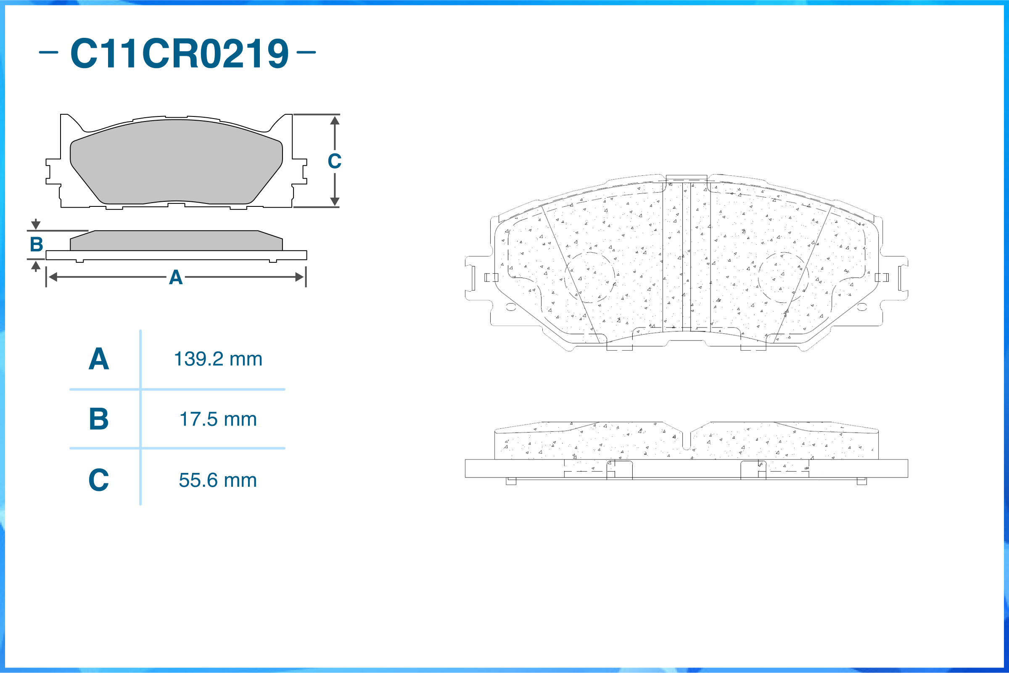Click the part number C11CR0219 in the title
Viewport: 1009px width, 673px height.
[180, 53]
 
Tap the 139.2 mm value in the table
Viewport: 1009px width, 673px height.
[218, 359]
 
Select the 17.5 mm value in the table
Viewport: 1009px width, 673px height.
[218, 420]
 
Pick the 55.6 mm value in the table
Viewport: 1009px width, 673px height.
[218, 480]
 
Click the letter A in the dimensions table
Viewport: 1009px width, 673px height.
[99, 359]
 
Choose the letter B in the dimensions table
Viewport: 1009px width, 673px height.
[99, 419]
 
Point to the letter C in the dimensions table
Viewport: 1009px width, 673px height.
[99, 480]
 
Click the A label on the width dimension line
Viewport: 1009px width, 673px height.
[176, 277]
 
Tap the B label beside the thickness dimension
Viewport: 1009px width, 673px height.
[37, 244]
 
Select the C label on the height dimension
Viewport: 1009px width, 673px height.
[335, 161]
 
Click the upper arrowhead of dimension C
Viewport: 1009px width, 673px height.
[335, 121]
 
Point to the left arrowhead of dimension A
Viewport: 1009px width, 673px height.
[53, 277]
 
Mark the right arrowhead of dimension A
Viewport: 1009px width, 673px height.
[300, 277]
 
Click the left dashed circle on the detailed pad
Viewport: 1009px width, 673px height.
[590, 278]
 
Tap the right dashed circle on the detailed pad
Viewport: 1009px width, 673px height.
[783, 277]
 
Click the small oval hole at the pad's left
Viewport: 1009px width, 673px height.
[511, 307]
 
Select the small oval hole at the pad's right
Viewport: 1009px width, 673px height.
[862, 307]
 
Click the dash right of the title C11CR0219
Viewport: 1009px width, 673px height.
[306, 53]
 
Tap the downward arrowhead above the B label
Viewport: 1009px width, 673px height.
[36, 225]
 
